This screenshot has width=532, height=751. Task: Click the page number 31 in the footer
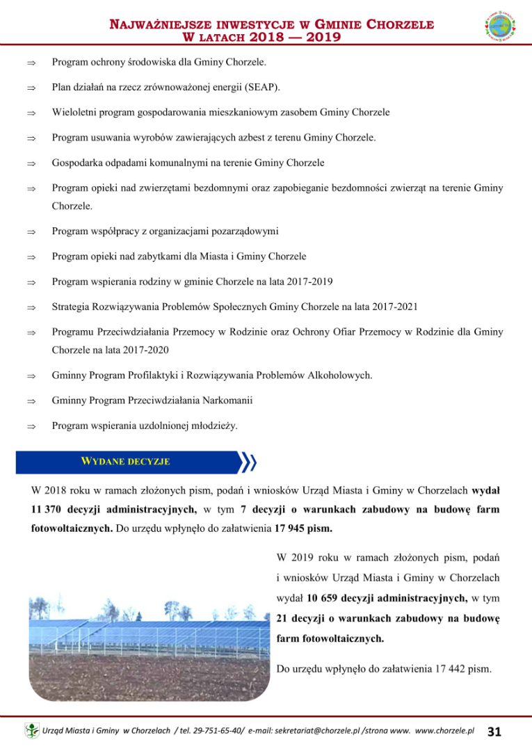[x=494, y=732]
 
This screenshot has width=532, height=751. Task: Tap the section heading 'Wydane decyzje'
[x=125, y=461]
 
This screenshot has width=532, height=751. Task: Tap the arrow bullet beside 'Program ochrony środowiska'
[x=31, y=63]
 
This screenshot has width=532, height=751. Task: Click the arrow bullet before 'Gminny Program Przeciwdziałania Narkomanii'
[x=31, y=401]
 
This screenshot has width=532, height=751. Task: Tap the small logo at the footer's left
[x=31, y=732]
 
